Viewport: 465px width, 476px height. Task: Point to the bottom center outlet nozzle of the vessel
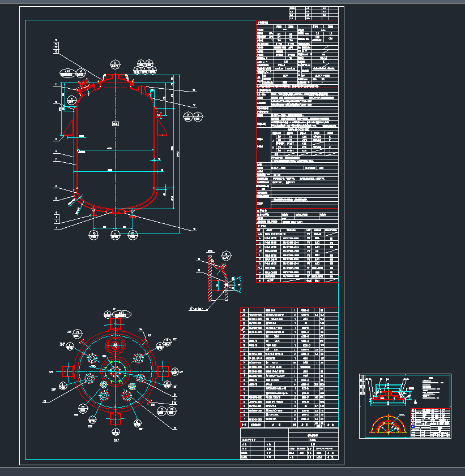click(115, 211)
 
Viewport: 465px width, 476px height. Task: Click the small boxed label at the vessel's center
click(115, 124)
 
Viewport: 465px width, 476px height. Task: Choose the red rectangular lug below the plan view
click(117, 418)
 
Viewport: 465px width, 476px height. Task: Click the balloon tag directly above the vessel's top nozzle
click(115, 63)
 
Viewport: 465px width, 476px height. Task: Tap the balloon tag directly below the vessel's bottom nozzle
click(115, 233)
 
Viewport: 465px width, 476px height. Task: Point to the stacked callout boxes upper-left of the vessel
click(57, 46)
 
